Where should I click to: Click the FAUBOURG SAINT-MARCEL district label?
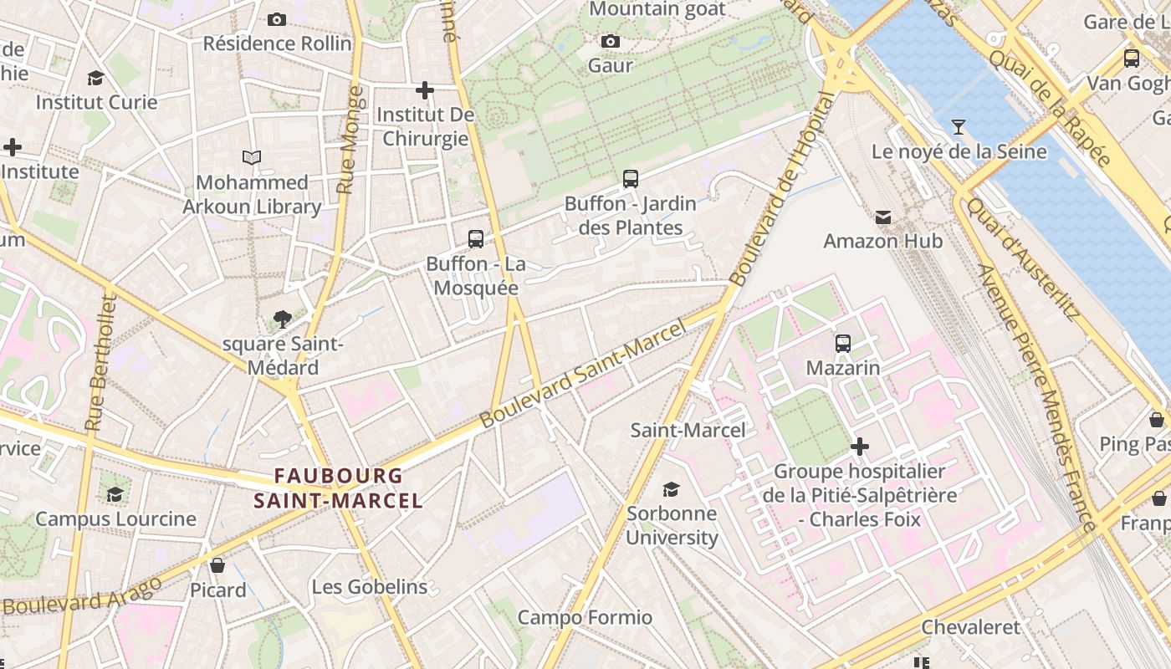coord(338,488)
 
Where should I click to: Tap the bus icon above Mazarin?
coord(843,343)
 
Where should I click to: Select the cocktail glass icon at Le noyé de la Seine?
coord(959,127)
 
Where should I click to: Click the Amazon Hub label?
coord(882,241)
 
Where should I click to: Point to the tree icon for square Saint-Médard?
coord(282,319)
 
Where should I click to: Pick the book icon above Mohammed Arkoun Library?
coord(252,157)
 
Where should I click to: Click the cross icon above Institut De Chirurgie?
coord(425,89)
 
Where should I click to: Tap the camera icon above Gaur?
coord(611,41)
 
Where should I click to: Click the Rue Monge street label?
coord(348,140)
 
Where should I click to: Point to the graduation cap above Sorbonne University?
coord(671,488)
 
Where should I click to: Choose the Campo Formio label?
coord(585,617)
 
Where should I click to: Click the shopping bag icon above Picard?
coord(217,565)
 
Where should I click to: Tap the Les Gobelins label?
coord(369,587)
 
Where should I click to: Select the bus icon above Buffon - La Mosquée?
coord(476,239)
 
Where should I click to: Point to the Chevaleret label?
coord(970,627)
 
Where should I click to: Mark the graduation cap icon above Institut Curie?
coord(95,78)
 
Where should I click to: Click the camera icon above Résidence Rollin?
coord(277,19)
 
